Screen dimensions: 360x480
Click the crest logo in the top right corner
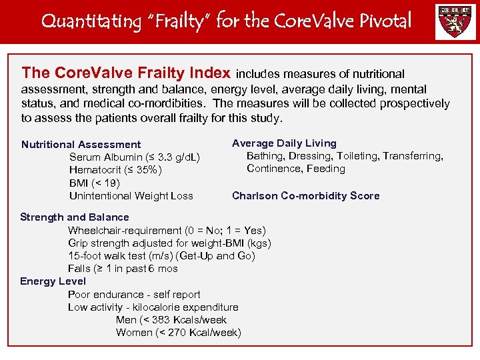point(455,22)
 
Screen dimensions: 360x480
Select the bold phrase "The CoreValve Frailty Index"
point(126,73)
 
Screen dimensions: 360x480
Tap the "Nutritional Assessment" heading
point(81,145)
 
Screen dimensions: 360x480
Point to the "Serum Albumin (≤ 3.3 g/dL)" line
point(135,157)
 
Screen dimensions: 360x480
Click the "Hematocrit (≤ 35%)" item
point(115,170)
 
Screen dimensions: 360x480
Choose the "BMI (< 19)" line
point(95,183)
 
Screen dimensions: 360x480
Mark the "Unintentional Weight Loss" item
point(131,196)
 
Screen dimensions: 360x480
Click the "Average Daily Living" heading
point(284,143)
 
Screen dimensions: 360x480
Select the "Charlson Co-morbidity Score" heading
point(305,196)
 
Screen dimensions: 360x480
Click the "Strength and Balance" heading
point(75,217)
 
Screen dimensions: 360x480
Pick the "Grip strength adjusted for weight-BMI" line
point(169,243)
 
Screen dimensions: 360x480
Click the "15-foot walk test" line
point(161,256)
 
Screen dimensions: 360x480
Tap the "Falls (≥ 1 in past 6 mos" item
point(123,269)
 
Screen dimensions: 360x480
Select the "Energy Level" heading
point(53,281)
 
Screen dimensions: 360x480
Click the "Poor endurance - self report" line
point(134,295)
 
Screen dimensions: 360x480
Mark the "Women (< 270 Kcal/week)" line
point(178,333)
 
